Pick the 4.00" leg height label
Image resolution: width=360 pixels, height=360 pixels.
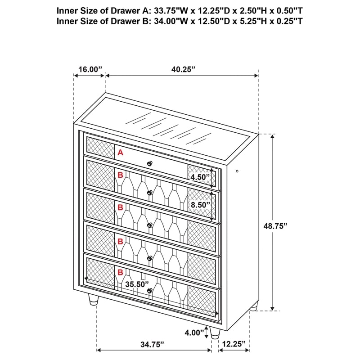coord(191,333)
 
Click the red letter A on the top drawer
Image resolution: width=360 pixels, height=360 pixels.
coord(120,153)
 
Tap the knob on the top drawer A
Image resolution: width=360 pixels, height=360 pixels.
coord(149,163)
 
